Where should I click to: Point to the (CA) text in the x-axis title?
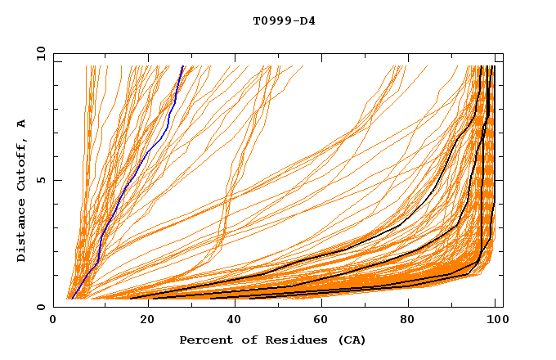pyautogui.click(x=349, y=340)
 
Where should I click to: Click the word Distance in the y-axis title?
pyautogui.click(x=21, y=230)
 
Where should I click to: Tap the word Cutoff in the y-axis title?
pyautogui.click(x=21, y=162)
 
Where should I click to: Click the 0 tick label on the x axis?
pyautogui.click(x=53, y=320)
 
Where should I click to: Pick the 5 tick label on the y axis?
pyautogui.click(x=40, y=180)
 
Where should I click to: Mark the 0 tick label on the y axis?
pyautogui.click(x=40, y=307)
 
